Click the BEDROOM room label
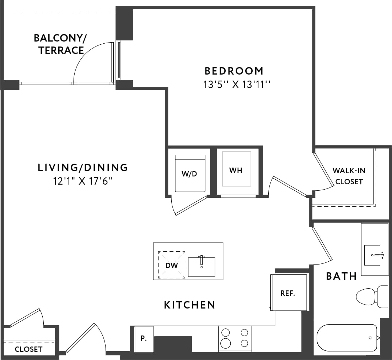pos(234,71)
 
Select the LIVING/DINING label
pos(83,167)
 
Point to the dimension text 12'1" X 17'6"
pos(83,181)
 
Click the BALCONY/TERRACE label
pos(61,44)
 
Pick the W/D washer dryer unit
pos(190,173)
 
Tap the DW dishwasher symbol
pos(171,265)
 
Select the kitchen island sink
pos(202,267)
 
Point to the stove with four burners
pos(235,338)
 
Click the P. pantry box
pos(144,339)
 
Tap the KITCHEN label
pos(190,305)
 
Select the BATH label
pos(342,276)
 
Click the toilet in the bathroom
pos(371,296)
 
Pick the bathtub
pos(347,338)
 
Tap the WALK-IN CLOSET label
pos(349,176)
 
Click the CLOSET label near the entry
pos(28,349)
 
